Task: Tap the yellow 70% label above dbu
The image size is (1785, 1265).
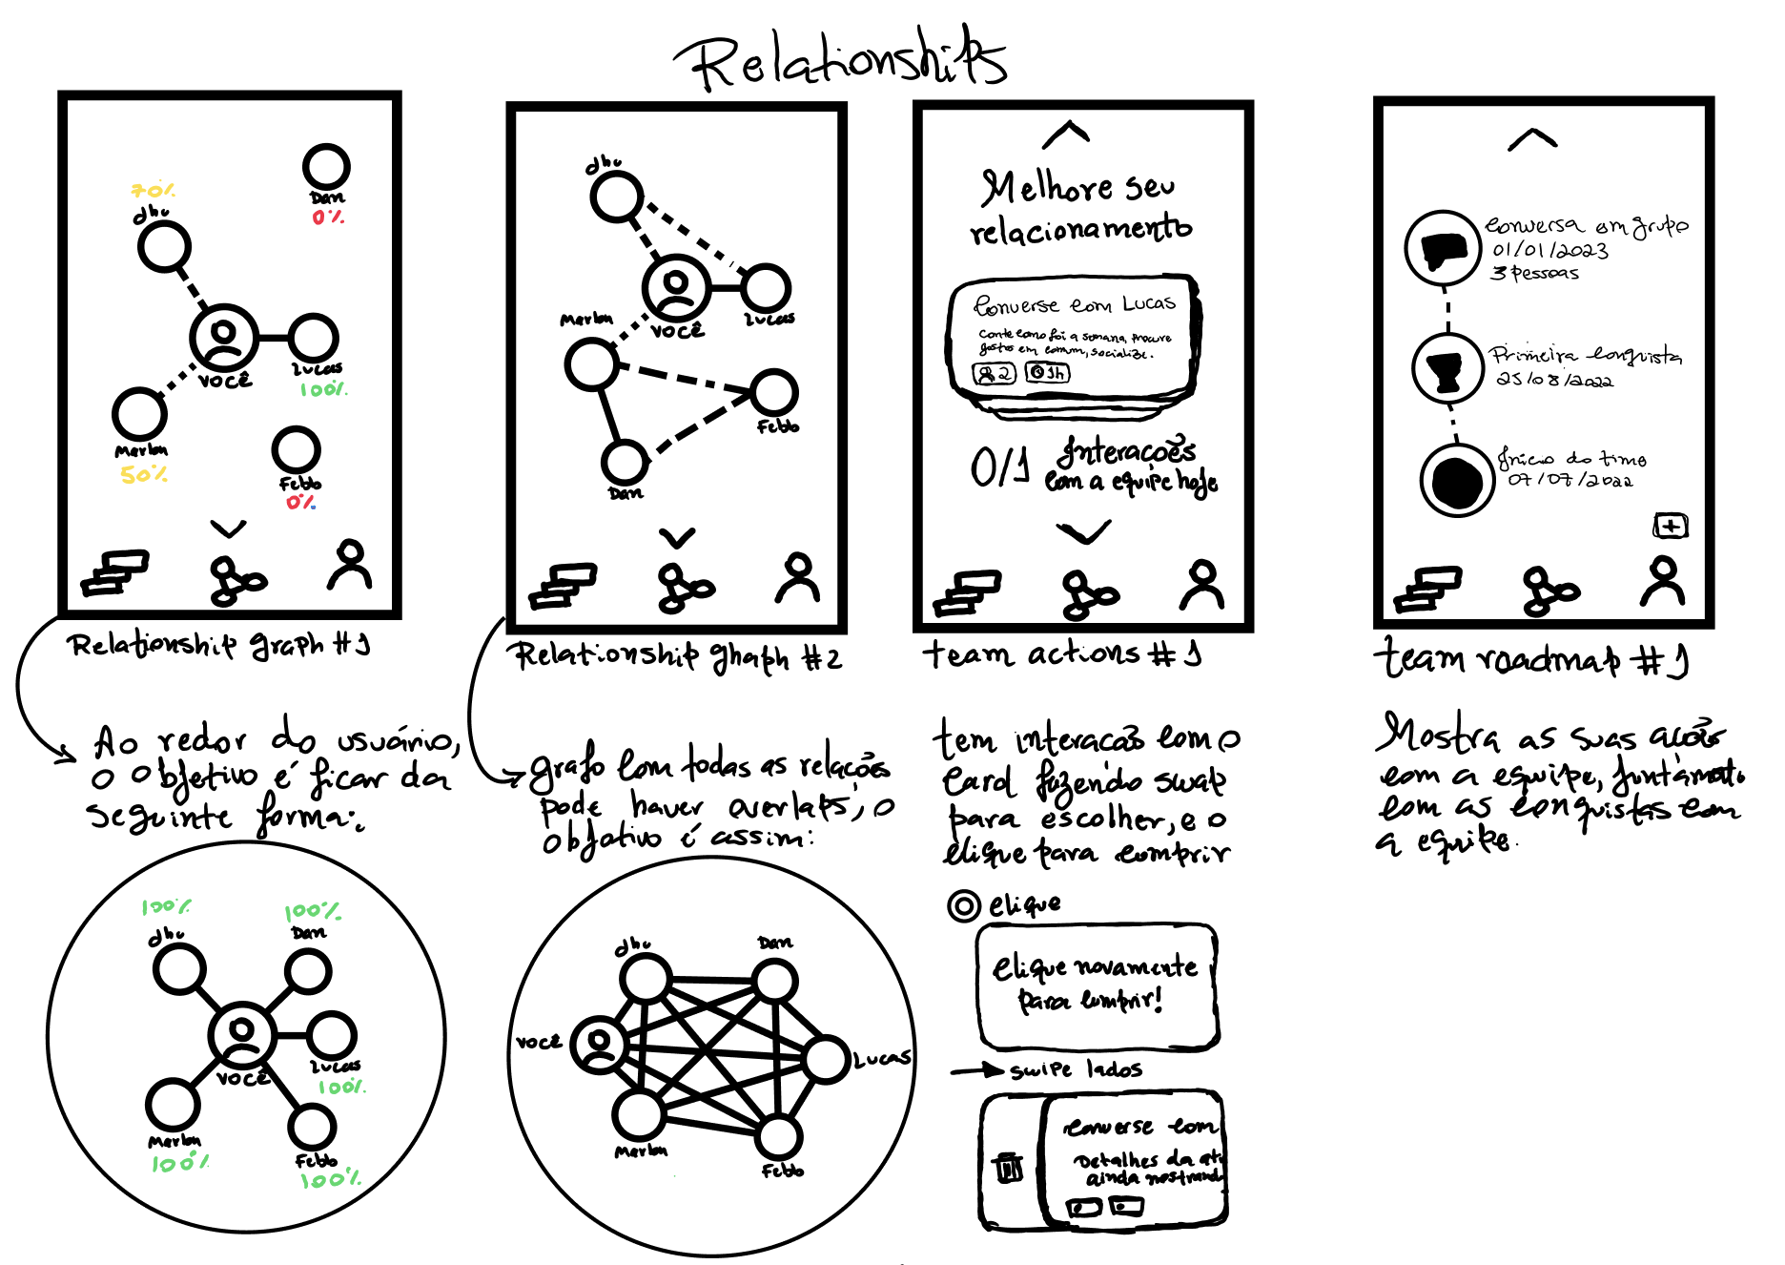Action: point(153,191)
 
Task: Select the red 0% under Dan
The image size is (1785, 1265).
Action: point(328,218)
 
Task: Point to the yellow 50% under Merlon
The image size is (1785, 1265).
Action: point(143,474)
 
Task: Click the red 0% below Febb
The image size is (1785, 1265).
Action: point(300,502)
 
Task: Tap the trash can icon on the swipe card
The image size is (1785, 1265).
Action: point(1009,1167)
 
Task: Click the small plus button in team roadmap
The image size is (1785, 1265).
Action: point(1670,526)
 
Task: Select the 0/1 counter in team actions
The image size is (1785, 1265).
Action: point(999,467)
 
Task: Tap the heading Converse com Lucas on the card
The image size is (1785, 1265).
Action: point(1074,304)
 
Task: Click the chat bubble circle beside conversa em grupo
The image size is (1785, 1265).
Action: point(1444,248)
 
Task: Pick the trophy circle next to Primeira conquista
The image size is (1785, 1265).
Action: point(1446,368)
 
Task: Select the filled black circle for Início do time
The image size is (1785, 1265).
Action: point(1456,481)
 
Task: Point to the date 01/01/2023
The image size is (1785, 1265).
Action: point(1549,251)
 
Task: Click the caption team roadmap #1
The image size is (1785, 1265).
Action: point(1530,658)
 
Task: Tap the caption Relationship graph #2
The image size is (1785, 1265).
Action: point(676,656)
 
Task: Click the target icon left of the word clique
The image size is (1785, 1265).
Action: point(963,904)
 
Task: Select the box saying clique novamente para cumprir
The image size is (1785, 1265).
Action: point(1097,986)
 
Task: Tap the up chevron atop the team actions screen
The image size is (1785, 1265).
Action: point(1066,135)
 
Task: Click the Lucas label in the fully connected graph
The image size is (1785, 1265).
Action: point(881,1058)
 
